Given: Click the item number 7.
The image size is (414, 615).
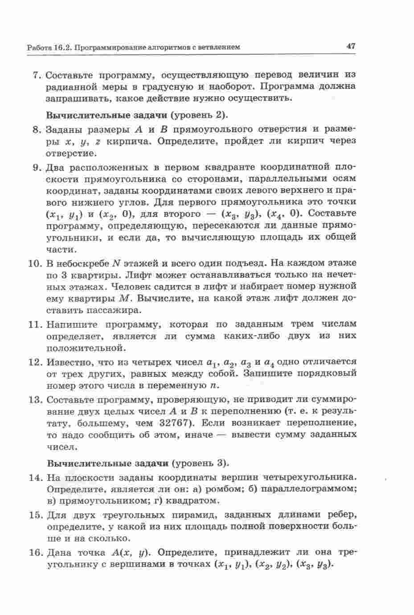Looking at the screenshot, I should click(37, 74).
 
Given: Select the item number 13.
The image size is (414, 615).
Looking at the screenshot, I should click(35, 399).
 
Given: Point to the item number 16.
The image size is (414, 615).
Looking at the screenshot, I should click(35, 553).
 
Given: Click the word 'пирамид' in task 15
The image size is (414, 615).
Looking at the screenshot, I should click(199, 515).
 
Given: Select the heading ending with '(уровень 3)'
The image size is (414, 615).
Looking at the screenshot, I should click(137, 463).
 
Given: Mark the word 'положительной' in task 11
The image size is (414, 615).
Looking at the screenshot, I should click(84, 347).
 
